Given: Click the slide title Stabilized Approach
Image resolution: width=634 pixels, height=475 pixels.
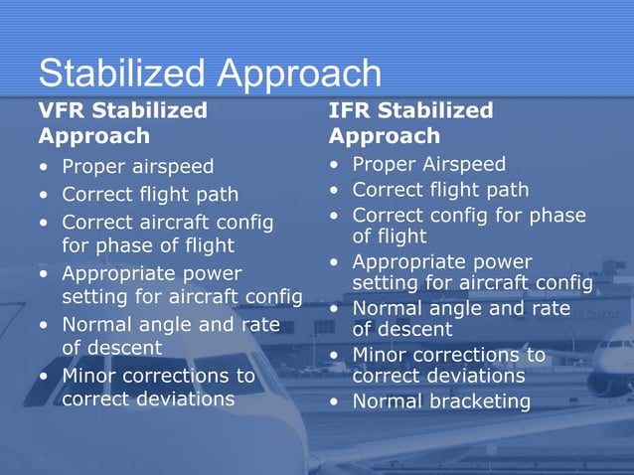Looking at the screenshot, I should pos(210,73).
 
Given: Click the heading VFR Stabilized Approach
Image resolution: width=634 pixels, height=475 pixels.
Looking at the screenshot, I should pos(122,122).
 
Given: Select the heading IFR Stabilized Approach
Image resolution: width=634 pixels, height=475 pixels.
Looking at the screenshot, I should pos(410,122).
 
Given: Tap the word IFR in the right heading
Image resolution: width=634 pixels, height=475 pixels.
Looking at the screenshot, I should pos(352,110).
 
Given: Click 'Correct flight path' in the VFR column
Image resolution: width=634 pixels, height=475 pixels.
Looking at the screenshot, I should pos(150,194).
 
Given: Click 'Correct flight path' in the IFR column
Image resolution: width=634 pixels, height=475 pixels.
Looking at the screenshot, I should pos(440,190).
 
